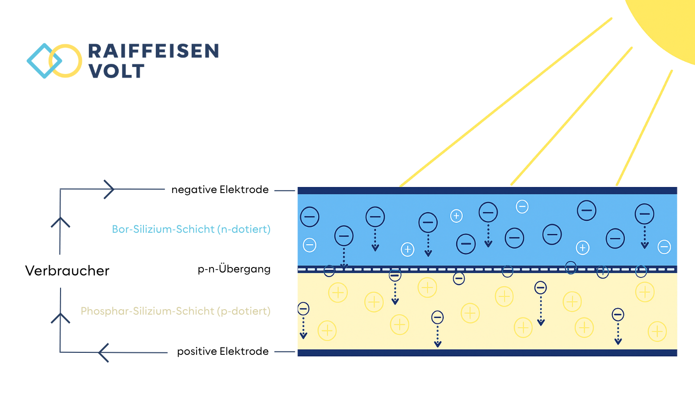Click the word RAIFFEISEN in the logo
[153, 51]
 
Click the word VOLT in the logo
[116, 70]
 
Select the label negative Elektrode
[220, 190]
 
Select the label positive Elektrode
[223, 351]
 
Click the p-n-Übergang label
[234, 269]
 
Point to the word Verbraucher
[67, 271]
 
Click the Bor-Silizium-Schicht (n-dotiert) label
[191, 229]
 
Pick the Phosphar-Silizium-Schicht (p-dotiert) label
[175, 311]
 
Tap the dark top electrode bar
[487, 191]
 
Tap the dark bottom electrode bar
[487, 353]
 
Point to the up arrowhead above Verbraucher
[60, 222]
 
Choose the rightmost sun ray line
[644, 128]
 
